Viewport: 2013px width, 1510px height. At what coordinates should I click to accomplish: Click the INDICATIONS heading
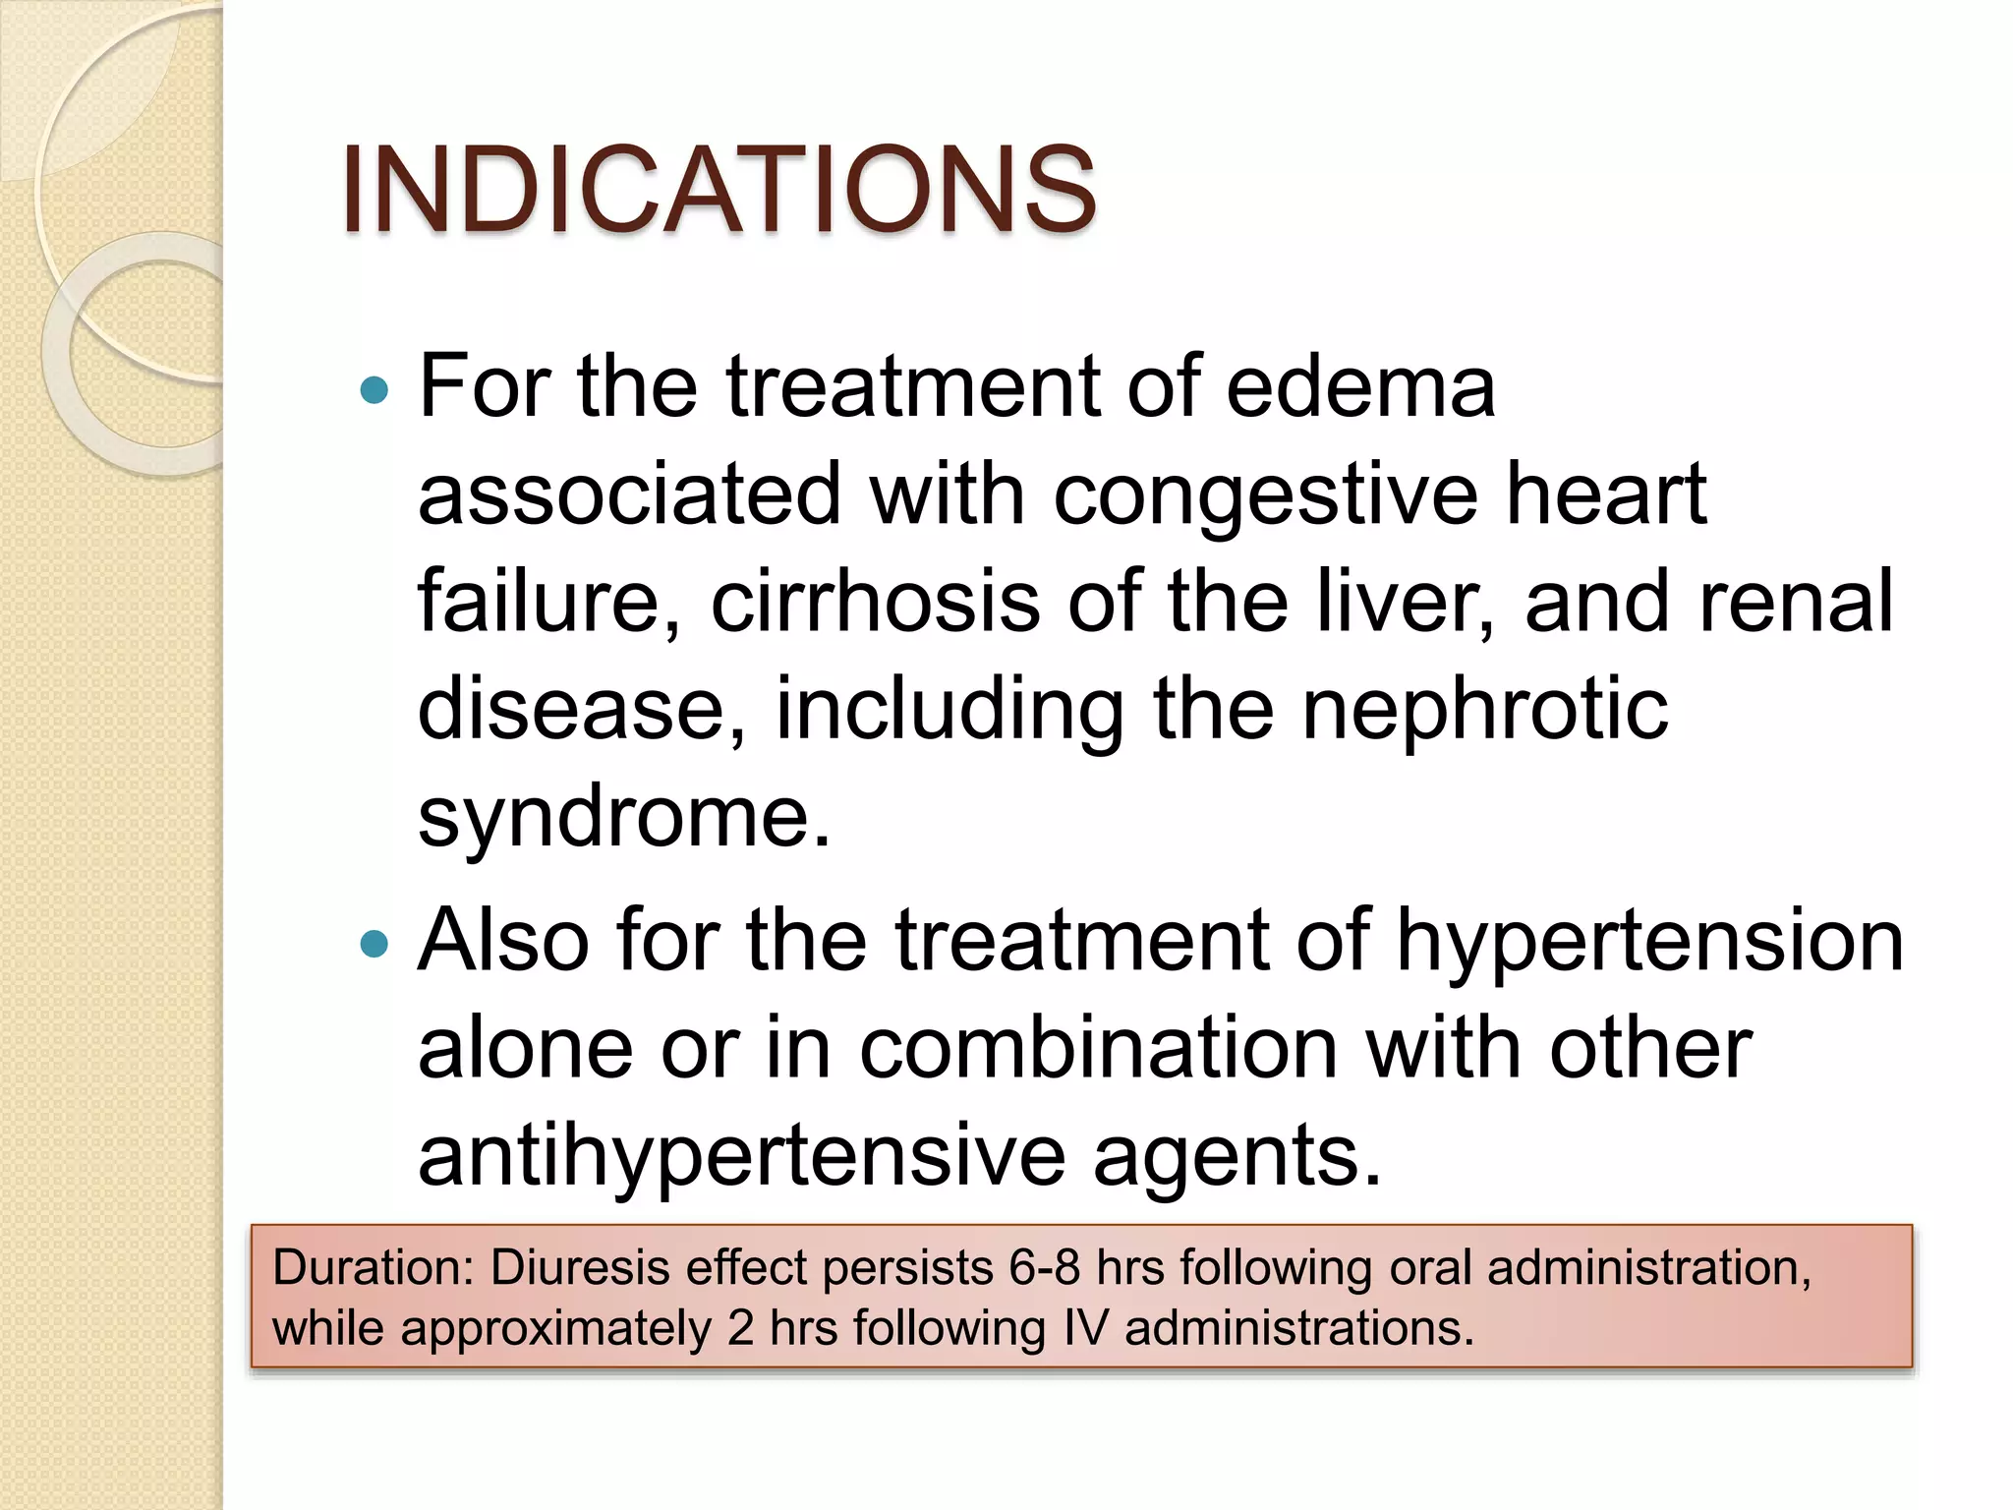coord(719,190)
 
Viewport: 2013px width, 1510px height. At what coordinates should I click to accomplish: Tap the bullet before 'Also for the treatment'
coord(374,945)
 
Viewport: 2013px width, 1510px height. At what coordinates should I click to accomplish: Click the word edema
coord(1360,386)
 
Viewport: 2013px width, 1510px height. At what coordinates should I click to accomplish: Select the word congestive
coord(1265,494)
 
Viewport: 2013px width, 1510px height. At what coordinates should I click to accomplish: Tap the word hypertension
coord(1650,941)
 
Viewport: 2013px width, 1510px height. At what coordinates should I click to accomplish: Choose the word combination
coord(1098,1048)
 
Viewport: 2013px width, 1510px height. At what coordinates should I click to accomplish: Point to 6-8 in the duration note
coord(1045,1267)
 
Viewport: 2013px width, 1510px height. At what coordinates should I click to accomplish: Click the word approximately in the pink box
coord(555,1328)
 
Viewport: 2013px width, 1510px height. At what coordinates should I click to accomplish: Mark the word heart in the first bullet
coord(1606,494)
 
